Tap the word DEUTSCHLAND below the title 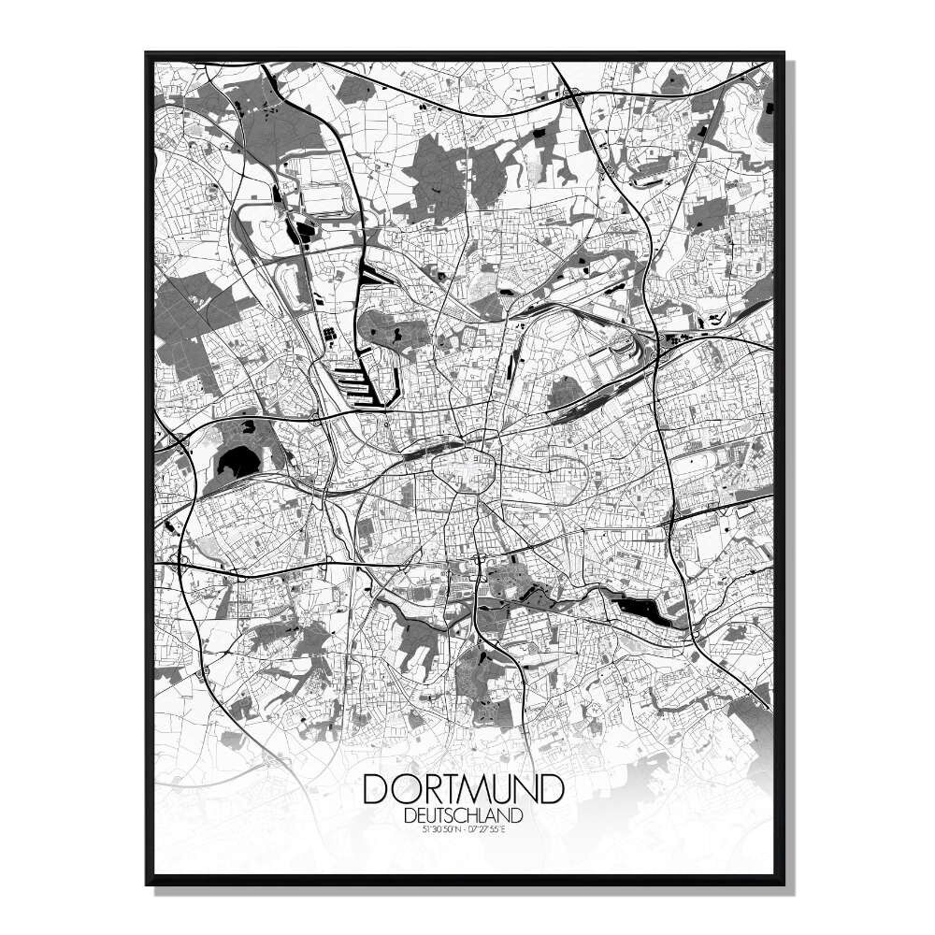tap(464, 814)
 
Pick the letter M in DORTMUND tap(479, 788)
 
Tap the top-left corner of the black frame tap(148, 54)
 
